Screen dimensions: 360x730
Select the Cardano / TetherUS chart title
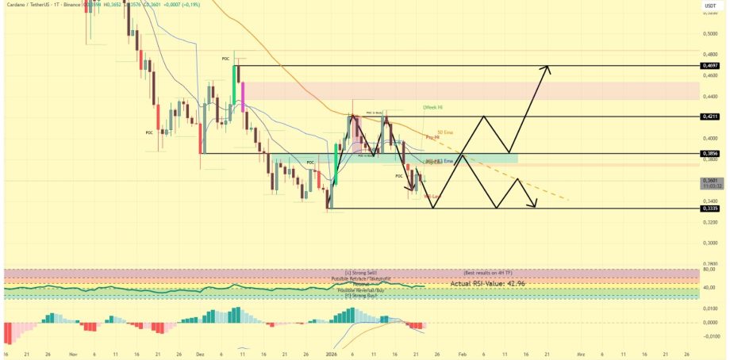(32, 4)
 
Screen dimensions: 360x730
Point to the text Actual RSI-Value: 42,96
(486, 283)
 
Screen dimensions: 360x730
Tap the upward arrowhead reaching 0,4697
(546, 68)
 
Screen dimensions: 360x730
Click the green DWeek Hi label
(433, 107)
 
